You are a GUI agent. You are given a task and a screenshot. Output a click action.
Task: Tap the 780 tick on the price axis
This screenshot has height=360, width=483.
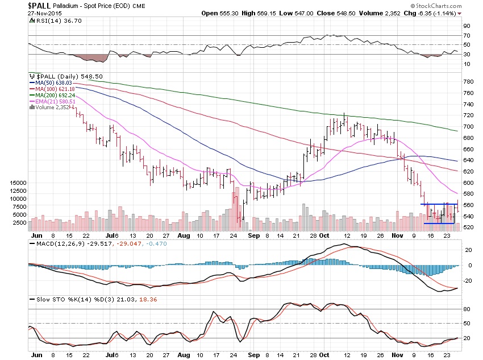468,82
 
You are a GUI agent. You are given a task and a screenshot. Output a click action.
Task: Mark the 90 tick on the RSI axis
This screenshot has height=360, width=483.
466,26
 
